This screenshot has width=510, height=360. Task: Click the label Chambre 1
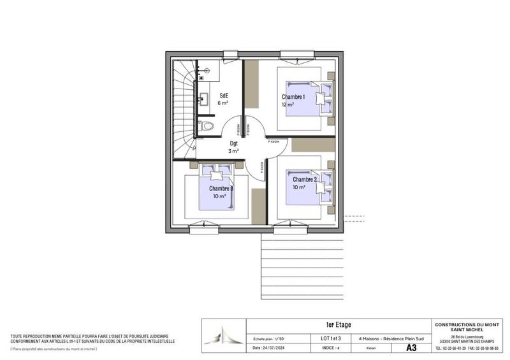point(294,97)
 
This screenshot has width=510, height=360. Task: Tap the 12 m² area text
point(288,104)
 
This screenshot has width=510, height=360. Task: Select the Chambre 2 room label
point(305,180)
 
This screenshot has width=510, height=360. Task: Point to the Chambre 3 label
point(221,189)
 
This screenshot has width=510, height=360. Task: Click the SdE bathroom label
point(224,95)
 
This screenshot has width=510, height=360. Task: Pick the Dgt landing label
point(234,143)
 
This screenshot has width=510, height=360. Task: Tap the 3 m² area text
point(234,151)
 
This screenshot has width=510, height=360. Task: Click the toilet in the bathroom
point(205,126)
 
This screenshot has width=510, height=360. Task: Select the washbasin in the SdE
point(204,99)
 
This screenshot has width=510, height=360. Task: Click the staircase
point(184,108)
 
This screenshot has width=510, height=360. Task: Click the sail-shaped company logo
point(226,336)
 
